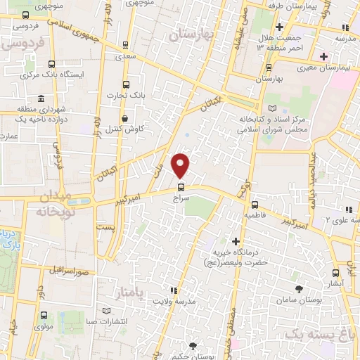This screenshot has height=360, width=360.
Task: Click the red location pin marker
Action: [181, 165]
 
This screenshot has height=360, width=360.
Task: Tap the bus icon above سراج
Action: [181, 187]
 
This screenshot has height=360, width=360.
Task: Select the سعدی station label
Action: [127, 54]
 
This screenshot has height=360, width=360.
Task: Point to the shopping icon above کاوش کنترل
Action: [125, 118]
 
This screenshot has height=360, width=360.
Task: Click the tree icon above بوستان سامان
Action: [300, 288]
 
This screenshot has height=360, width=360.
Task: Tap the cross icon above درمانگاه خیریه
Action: [236, 243]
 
